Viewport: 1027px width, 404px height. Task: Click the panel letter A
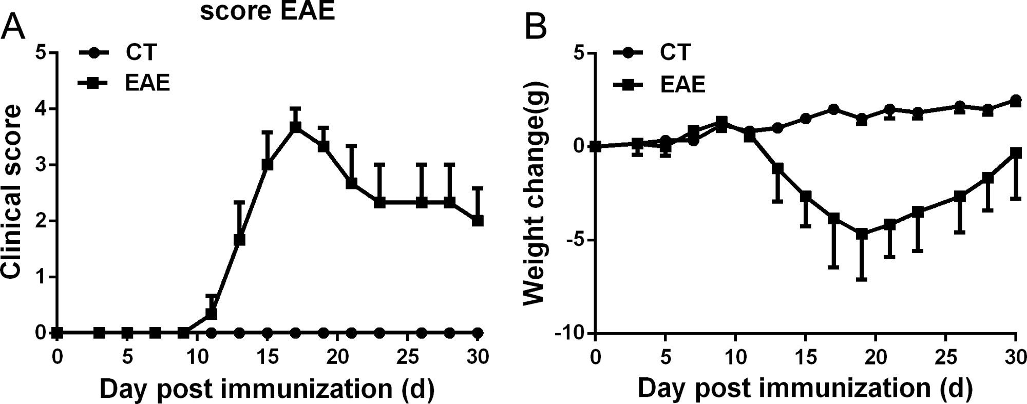[13, 27]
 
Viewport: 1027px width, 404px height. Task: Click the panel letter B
[536, 27]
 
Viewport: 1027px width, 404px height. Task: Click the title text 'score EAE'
[267, 11]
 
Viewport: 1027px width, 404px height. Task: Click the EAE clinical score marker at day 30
[478, 221]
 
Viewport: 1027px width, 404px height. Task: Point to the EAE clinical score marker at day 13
[239, 240]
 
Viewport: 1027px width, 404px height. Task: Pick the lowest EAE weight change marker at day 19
[862, 234]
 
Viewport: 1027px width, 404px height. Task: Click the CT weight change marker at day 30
[1015, 100]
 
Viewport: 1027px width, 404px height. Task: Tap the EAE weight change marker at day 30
[1015, 153]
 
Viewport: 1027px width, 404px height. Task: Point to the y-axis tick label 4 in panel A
[43, 109]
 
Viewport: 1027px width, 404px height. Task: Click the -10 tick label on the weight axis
[570, 334]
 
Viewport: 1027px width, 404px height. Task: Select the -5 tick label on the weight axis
[575, 240]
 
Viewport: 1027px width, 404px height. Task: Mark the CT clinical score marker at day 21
[351, 333]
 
